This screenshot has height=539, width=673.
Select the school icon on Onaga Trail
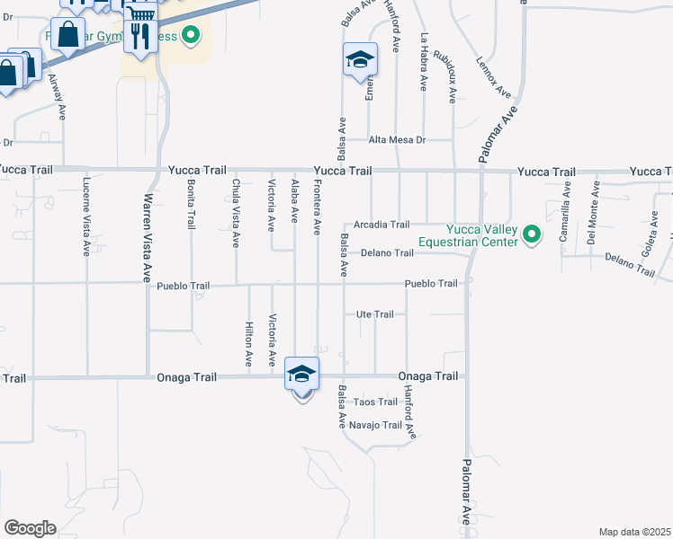[x=301, y=374]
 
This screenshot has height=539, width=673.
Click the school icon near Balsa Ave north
[x=360, y=60]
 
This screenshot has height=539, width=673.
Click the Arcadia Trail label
[x=381, y=225]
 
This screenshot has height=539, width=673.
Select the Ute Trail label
[x=375, y=314]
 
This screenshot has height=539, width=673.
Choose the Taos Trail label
[x=375, y=402]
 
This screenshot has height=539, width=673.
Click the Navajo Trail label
[x=373, y=425]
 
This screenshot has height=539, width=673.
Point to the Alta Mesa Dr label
[x=396, y=140]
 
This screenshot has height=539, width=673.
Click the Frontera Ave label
[x=317, y=206]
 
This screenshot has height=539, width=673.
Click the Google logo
[x=30, y=527]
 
